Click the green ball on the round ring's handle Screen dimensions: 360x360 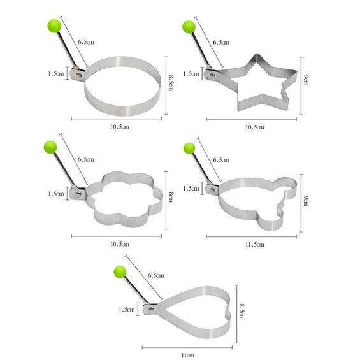click(x=54, y=26)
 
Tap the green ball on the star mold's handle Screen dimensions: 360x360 click(x=189, y=27)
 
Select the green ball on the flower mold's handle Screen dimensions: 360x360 click(x=50, y=147)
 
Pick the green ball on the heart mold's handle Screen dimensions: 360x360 click(x=120, y=272)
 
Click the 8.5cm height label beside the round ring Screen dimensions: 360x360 click(x=171, y=82)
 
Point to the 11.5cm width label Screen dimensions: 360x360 click(x=255, y=245)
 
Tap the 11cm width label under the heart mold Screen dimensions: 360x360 click(x=187, y=356)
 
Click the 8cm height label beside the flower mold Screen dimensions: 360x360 click(x=171, y=198)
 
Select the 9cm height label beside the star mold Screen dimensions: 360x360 click(x=306, y=80)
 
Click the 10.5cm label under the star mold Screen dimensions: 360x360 click(x=255, y=127)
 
